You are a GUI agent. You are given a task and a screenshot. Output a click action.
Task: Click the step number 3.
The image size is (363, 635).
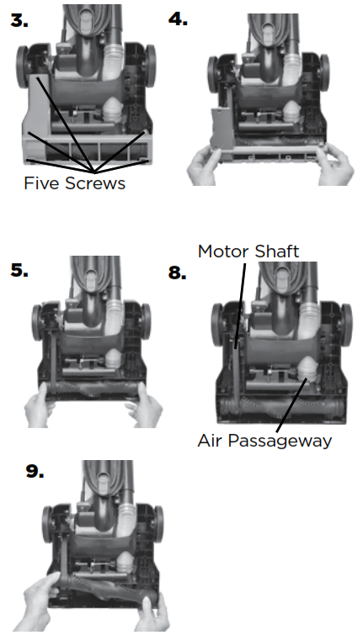coord(19,20)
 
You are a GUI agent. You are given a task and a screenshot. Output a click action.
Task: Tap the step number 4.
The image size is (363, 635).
coord(178,19)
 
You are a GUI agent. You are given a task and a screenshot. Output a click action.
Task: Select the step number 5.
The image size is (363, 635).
coord(19,271)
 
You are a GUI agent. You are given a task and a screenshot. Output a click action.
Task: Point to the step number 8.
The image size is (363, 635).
coord(177,273)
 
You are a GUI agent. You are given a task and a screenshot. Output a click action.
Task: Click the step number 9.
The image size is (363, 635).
coord(35,471)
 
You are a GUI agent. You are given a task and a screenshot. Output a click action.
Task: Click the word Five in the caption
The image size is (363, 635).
coord(42,183)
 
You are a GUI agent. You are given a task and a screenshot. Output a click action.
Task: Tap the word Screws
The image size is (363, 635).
coord(95,183)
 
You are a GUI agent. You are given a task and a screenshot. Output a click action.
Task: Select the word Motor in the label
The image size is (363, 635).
coord(222,251)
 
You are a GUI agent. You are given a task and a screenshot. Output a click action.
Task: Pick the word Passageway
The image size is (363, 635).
coord(280,441)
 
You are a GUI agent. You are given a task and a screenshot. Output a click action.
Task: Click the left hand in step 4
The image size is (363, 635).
coord(204,166)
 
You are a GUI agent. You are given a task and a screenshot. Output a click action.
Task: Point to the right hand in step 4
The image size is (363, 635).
coord(337,164)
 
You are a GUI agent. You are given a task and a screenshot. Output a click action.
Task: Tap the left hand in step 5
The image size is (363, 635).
coord(40,406)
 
